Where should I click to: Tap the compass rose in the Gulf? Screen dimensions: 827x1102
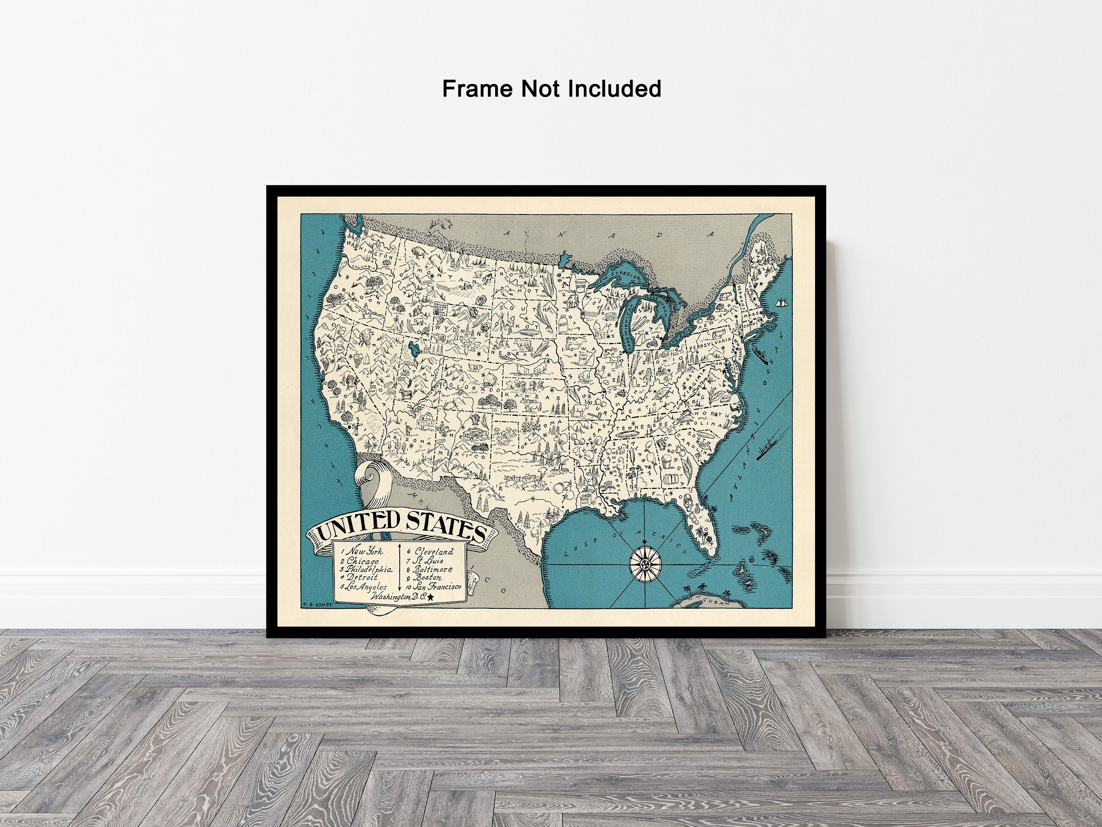coord(644,564)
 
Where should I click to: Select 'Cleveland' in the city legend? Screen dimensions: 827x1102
coord(434,551)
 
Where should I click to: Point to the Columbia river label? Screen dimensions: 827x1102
coord(364,267)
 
